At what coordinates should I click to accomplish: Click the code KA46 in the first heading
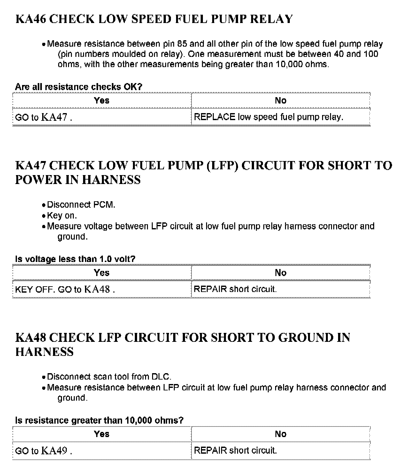31,19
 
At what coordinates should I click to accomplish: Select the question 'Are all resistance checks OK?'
79,87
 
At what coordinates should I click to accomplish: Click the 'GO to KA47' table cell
43,117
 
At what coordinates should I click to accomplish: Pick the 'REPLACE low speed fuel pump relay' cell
268,117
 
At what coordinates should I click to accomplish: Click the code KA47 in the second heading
31,165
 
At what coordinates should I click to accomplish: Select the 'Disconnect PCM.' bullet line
81,204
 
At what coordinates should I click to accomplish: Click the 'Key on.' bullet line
62,215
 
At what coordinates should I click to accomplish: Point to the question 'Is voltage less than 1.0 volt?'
75,259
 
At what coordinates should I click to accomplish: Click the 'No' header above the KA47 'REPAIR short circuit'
281,273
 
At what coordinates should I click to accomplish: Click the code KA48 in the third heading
31,338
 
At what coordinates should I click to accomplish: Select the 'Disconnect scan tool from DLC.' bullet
109,377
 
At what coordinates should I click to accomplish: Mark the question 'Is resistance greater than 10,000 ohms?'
99,420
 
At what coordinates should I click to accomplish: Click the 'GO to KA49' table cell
43,451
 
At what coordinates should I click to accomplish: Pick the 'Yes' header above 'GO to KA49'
102,434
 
